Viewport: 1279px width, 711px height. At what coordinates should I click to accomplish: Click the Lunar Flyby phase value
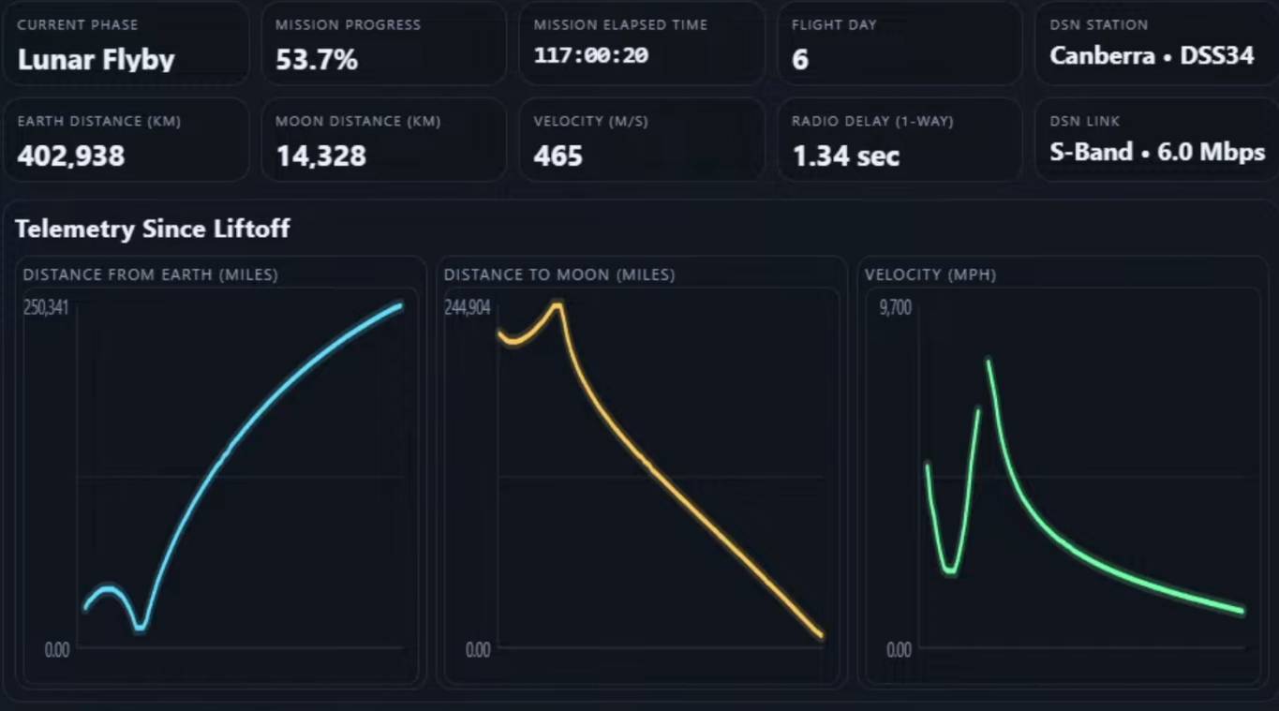(x=96, y=60)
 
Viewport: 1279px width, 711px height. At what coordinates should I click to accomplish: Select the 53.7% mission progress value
(x=316, y=60)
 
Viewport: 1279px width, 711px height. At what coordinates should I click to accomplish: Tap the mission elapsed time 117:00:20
(x=590, y=56)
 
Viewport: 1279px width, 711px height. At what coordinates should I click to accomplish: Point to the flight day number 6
(x=799, y=60)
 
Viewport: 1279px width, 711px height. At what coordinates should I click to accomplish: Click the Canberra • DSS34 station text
(x=1151, y=56)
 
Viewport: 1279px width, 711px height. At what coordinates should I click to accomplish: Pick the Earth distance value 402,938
(x=70, y=156)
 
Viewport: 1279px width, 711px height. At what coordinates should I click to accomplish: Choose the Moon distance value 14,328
(x=320, y=156)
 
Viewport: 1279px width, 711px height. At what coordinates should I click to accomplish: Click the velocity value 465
(x=558, y=156)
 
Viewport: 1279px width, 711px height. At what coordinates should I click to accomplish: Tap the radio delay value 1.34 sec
(x=845, y=156)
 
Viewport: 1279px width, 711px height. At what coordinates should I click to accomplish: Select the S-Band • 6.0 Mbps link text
(x=1156, y=152)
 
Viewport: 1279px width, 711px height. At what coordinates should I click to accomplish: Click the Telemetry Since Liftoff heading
(x=152, y=229)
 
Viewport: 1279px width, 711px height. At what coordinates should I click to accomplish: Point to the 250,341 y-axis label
(x=46, y=308)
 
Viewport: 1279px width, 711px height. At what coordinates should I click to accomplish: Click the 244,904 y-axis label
(x=467, y=308)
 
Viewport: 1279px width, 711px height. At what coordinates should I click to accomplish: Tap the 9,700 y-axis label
(x=895, y=308)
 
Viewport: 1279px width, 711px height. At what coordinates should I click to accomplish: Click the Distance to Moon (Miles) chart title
(x=559, y=274)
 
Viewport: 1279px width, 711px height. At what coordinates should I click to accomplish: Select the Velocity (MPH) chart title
(x=930, y=274)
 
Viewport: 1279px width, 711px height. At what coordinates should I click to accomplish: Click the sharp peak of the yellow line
(x=558, y=304)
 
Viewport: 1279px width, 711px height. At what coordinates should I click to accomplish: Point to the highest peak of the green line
(x=988, y=360)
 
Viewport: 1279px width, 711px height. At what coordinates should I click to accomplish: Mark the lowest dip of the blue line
(x=140, y=628)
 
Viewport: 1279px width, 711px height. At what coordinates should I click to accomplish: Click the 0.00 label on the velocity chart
(x=898, y=649)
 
